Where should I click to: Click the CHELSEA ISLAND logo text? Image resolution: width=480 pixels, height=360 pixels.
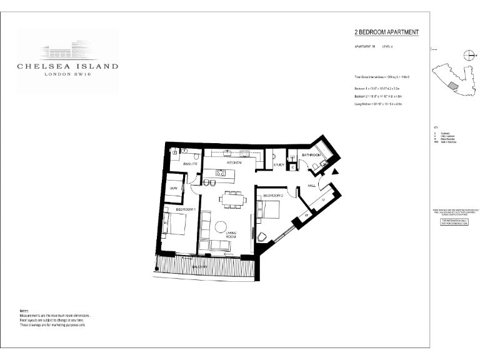tap(67, 65)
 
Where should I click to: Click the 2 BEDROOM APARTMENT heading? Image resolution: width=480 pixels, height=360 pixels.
tap(386, 32)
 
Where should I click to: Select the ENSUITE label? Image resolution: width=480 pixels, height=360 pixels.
tap(191, 163)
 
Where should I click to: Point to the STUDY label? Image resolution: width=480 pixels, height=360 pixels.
tap(279, 165)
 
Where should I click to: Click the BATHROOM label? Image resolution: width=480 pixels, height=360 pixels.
tap(311, 154)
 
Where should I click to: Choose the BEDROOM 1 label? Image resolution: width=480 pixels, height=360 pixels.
tap(186, 209)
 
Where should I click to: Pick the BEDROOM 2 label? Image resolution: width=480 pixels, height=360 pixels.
tap(274, 196)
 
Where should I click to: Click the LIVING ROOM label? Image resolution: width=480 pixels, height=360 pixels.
tap(231, 234)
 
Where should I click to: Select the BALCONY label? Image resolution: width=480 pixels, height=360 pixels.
tap(200, 267)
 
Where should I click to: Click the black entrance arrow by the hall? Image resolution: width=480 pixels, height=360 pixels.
tap(335, 171)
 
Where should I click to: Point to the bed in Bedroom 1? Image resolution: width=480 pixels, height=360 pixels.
tap(175, 224)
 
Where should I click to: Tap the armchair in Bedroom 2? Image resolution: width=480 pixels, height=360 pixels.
tap(262, 236)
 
